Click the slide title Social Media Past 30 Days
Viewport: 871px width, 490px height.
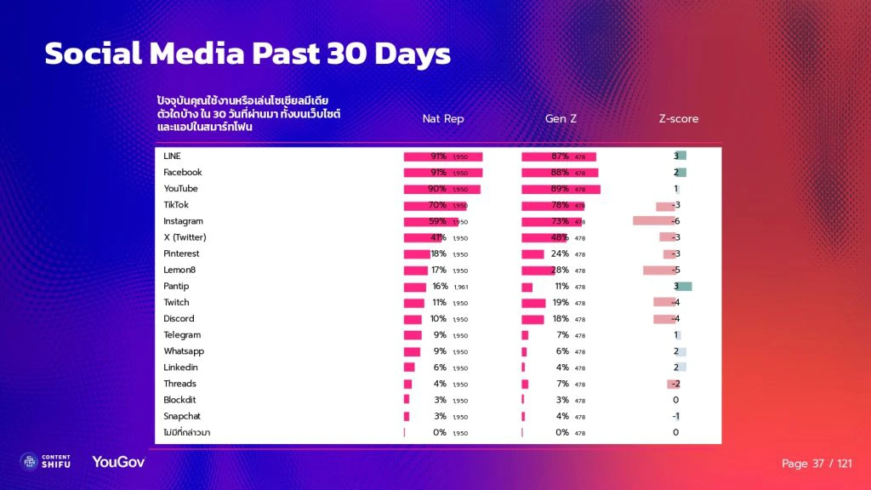(x=247, y=54)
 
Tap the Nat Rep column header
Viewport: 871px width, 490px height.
(x=443, y=119)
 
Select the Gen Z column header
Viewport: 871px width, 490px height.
(x=561, y=119)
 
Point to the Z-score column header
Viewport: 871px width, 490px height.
(x=679, y=119)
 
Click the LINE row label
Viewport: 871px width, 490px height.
(x=172, y=157)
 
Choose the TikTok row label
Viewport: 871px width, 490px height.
(x=176, y=205)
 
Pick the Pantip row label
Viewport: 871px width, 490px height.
(x=176, y=287)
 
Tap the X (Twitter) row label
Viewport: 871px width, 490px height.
(x=185, y=237)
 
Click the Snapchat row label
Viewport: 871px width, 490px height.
(x=182, y=416)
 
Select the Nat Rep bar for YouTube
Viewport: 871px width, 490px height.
(x=441, y=189)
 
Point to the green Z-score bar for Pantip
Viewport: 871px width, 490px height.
(x=684, y=287)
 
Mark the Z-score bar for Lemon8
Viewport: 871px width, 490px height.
(x=658, y=271)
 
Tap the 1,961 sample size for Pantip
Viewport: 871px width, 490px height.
(x=460, y=288)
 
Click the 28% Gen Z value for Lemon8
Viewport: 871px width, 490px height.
(x=561, y=270)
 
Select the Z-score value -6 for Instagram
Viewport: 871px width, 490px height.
(x=675, y=221)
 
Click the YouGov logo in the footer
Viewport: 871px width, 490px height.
(x=118, y=462)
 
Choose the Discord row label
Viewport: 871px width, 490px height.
(x=179, y=319)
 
